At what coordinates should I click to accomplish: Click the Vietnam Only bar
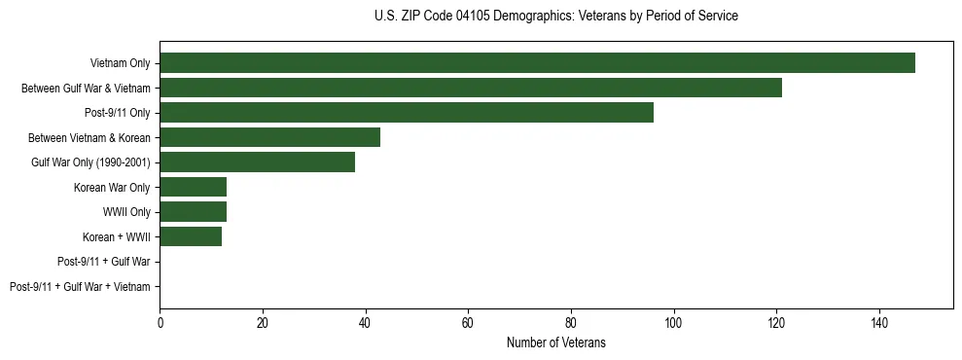pyautogui.click(x=537, y=63)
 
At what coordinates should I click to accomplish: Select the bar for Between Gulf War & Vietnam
pyautogui.click(x=471, y=88)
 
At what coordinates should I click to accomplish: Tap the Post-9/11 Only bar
pyautogui.click(x=407, y=113)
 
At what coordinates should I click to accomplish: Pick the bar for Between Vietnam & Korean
pyautogui.click(x=269, y=137)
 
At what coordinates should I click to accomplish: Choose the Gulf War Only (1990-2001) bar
pyautogui.click(x=257, y=162)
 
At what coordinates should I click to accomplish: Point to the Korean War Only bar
pyautogui.click(x=193, y=187)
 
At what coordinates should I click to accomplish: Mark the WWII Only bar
pyautogui.click(x=193, y=211)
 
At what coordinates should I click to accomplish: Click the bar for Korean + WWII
pyautogui.click(x=191, y=236)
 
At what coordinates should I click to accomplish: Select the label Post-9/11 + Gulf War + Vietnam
pyautogui.click(x=80, y=287)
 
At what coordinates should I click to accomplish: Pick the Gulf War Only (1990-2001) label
pyautogui.click(x=90, y=162)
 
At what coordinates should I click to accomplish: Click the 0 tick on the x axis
pyautogui.click(x=160, y=323)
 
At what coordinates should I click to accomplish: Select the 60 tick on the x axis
pyautogui.click(x=468, y=323)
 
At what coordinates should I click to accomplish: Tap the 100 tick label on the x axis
pyautogui.click(x=673, y=323)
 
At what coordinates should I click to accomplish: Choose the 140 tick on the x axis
pyautogui.click(x=878, y=323)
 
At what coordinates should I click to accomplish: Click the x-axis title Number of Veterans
pyautogui.click(x=555, y=342)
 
